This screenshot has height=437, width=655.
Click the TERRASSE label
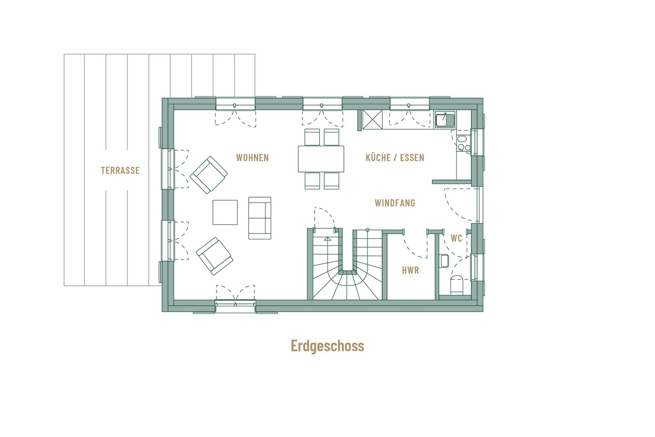coord(120,171)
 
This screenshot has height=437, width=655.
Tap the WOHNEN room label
coord(252,158)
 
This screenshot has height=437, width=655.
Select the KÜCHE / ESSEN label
coord(395,158)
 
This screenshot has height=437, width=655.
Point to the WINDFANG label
coord(395,203)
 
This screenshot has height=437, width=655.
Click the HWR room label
coord(410,270)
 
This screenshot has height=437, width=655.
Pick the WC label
coord(456,239)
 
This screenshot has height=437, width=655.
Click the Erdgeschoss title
coord(327,346)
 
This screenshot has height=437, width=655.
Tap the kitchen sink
coord(445,120)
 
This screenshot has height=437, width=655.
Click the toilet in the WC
coord(457,285)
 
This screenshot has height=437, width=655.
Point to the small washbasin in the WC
coord(444,261)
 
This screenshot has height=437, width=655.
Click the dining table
coord(321,159)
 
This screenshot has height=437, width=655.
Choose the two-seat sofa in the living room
coord(260,218)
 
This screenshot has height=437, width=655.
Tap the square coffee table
coord(225,213)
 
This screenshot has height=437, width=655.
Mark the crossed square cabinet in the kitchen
coord(372,120)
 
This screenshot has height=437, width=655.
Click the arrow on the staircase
coord(327,238)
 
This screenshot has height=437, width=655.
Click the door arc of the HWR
coord(414,248)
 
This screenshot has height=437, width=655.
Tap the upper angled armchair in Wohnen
coord(209,175)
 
